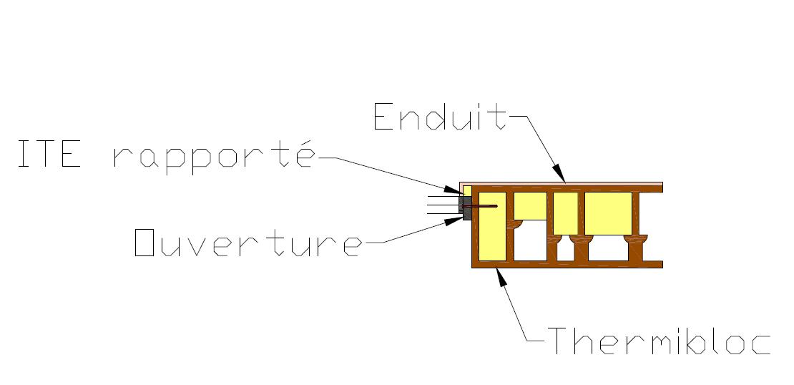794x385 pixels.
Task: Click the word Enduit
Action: (440, 116)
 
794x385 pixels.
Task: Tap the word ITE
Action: (49, 155)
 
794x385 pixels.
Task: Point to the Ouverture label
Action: (248, 243)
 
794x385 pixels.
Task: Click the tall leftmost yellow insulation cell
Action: (491, 225)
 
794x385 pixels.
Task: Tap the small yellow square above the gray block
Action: (467, 190)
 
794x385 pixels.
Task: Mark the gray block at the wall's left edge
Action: (466, 208)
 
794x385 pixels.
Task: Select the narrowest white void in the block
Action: (565, 250)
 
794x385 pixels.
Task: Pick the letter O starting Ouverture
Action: (145, 243)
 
